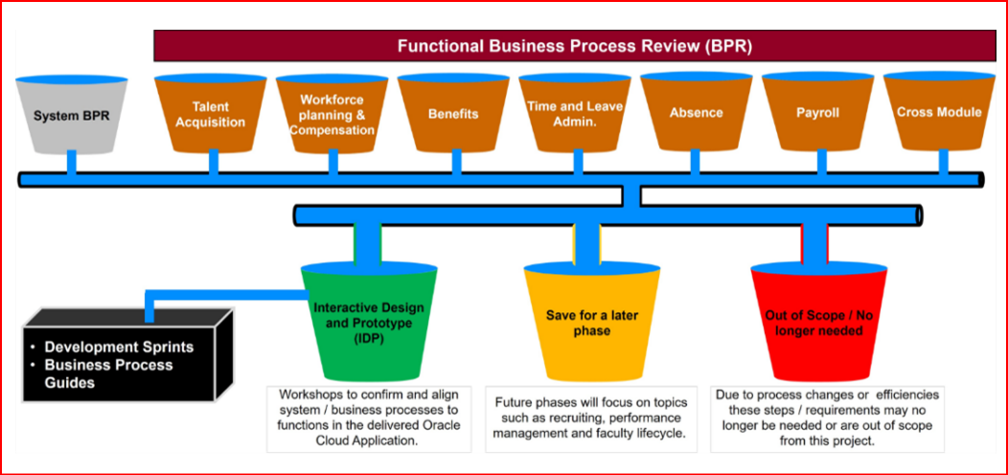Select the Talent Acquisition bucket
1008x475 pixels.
coord(211,114)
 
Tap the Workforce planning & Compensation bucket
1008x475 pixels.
coord(332,114)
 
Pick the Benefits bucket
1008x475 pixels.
coord(453,114)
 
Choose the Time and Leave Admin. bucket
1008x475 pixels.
coord(575,114)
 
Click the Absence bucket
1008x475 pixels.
coord(697,114)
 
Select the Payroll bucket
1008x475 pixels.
coord(817,114)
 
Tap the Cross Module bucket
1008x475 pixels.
coord(938,114)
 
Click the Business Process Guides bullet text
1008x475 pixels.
coord(108,373)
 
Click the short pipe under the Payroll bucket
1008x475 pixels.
coord(817,162)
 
